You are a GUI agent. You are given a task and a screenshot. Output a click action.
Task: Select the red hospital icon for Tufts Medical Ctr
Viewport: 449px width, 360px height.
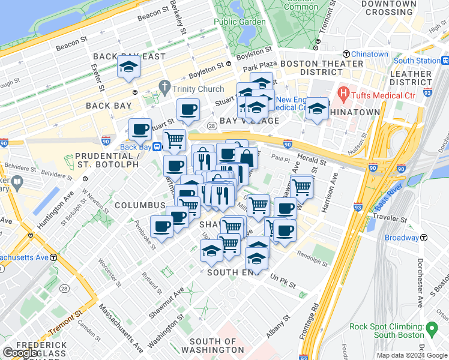coord(343,93)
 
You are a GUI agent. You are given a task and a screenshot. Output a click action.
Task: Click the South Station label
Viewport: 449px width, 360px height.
coord(417,61)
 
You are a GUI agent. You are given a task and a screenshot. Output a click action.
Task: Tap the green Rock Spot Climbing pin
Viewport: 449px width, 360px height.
coord(432,328)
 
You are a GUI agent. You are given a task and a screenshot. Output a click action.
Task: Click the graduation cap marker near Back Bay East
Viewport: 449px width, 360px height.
coord(129,67)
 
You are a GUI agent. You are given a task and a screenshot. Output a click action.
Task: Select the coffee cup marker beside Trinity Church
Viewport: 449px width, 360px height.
coord(188,110)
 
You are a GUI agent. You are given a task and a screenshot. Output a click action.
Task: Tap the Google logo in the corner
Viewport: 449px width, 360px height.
coord(20,353)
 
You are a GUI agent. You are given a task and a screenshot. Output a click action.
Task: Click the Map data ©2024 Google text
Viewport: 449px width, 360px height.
coord(411,355)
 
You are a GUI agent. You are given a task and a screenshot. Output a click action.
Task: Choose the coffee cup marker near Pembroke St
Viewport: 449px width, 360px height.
coord(161,226)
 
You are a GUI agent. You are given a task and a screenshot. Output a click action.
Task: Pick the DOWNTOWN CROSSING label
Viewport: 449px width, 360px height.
coord(389,8)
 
